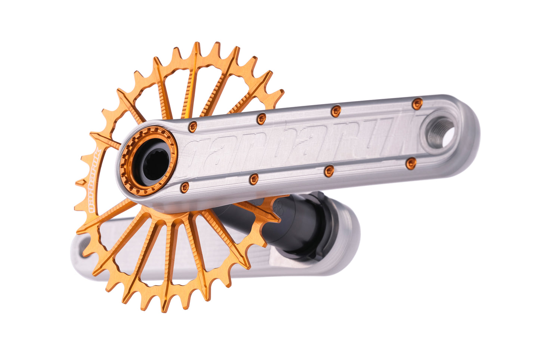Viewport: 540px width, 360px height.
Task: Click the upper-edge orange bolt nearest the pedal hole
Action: [x=417, y=104]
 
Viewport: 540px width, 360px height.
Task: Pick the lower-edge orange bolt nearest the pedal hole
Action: [x=411, y=163]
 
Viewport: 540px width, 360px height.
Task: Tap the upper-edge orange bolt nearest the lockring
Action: [x=192, y=126]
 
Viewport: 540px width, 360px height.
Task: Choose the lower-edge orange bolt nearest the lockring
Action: [x=185, y=187]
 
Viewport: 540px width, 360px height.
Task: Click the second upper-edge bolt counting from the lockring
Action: [x=261, y=119]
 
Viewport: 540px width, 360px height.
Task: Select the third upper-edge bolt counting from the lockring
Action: [x=336, y=111]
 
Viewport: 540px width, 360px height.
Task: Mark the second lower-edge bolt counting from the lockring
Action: [x=254, y=179]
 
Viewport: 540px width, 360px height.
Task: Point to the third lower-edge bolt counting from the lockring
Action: [x=329, y=171]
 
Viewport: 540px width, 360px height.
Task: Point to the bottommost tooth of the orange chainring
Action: [x=165, y=309]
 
